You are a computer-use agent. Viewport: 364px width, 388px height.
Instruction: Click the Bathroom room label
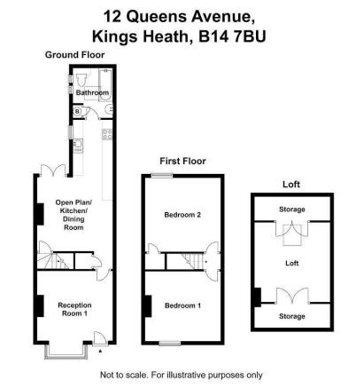(x=92, y=92)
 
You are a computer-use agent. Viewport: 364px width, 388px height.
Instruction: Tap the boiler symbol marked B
(x=77, y=112)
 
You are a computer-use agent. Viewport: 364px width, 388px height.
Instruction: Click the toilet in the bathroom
(x=81, y=79)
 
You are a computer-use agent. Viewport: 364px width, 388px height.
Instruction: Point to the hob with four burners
(x=107, y=134)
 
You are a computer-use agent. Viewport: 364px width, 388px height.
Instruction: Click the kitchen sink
(x=78, y=146)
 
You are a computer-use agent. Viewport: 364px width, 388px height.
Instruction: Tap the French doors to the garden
(x=53, y=170)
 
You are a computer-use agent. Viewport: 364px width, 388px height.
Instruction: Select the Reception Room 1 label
(x=74, y=309)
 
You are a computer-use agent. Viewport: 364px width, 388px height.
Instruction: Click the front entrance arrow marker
(x=100, y=351)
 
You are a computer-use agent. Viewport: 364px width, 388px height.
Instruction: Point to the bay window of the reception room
(x=66, y=352)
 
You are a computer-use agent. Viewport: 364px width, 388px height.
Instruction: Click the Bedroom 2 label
(x=182, y=215)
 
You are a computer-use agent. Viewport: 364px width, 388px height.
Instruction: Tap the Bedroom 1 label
(x=182, y=305)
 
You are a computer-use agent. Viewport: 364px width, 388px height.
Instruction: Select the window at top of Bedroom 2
(x=162, y=175)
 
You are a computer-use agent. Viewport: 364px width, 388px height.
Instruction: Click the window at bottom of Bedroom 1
(x=170, y=344)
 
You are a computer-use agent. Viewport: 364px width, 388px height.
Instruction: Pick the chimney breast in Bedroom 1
(x=148, y=306)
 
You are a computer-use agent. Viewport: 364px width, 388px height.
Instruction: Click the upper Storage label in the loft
(x=292, y=210)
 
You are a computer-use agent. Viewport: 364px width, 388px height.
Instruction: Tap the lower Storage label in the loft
(x=292, y=316)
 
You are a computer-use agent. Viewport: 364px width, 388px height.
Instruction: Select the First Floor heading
(x=182, y=162)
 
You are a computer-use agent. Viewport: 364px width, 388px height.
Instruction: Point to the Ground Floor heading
(x=74, y=55)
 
